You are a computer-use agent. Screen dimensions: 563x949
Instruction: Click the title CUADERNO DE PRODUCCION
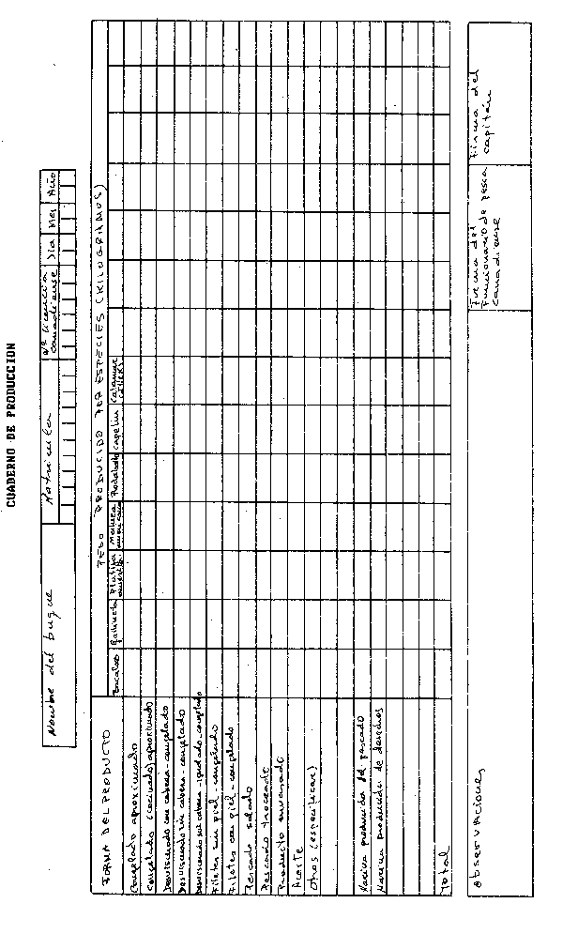pos(12,423)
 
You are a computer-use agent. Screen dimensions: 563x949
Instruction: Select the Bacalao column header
pos(118,672)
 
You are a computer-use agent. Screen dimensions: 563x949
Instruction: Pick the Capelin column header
pos(118,430)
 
